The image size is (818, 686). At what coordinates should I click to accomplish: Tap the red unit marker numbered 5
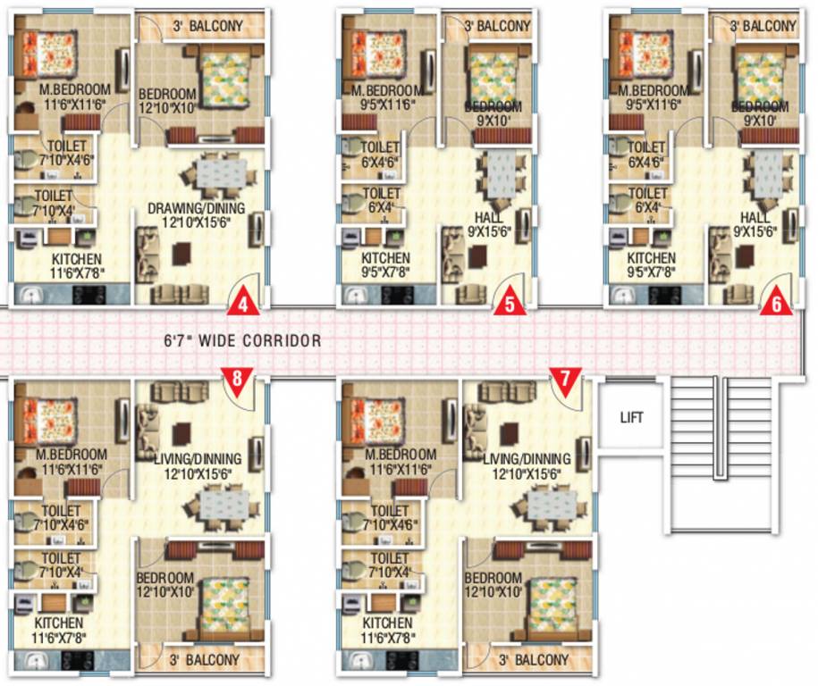tap(510, 303)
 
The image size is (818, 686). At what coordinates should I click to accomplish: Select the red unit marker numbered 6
tap(776, 303)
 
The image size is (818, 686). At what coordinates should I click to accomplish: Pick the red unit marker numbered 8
tap(237, 378)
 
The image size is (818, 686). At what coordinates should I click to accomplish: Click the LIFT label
tap(631, 416)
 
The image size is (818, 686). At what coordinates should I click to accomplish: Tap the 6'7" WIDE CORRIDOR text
tap(242, 340)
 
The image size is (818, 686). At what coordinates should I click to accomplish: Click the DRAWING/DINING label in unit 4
tap(196, 209)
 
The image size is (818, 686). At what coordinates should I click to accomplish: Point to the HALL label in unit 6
tap(755, 218)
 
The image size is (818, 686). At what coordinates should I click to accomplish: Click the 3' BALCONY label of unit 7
tap(535, 660)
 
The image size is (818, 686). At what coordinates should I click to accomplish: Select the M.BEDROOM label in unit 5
tap(386, 90)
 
